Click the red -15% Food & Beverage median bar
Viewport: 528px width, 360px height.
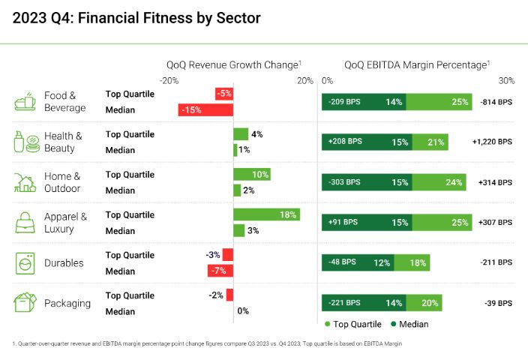(x=205, y=109)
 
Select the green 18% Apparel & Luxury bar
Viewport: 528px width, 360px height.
(x=266, y=214)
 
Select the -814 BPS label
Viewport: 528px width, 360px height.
(x=496, y=100)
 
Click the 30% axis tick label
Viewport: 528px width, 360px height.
(x=506, y=80)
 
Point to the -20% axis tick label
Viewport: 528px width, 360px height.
(x=169, y=80)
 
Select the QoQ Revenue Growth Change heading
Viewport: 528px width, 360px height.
(x=232, y=65)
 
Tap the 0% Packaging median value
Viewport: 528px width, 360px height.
(x=242, y=311)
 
